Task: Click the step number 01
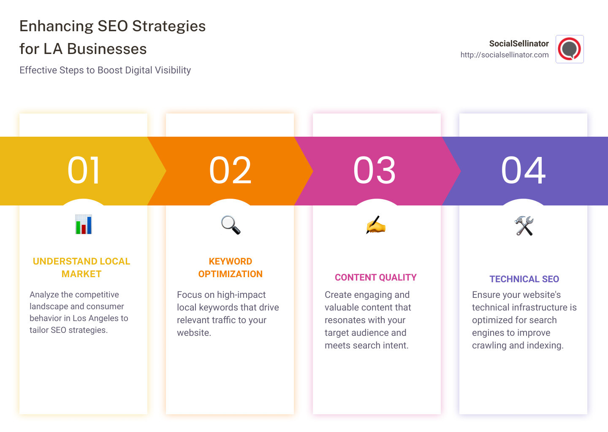click(84, 170)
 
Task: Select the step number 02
click(230, 170)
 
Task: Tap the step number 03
click(375, 170)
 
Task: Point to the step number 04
click(523, 170)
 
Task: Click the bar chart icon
click(84, 224)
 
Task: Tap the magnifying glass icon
click(231, 225)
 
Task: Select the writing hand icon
click(376, 225)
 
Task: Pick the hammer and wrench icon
click(524, 226)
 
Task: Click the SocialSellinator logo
click(570, 49)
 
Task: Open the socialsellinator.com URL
click(505, 55)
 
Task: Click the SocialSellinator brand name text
click(519, 43)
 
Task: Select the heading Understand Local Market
click(81, 267)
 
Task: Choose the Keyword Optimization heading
click(231, 267)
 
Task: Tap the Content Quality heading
click(376, 277)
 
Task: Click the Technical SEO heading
click(524, 279)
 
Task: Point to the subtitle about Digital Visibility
click(105, 70)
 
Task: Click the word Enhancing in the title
click(57, 26)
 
